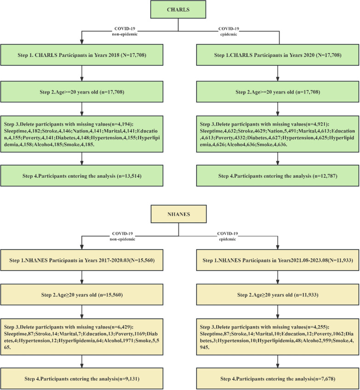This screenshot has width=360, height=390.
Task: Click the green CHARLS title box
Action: pyautogui.click(x=178, y=10)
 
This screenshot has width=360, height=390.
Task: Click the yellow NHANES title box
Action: pyautogui.click(x=179, y=214)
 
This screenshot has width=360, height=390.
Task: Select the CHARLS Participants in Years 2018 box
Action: pyautogui.click(x=82, y=55)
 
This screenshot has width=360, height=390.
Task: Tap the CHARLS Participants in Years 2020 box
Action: pyautogui.click(x=278, y=55)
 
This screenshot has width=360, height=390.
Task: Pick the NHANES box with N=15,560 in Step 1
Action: pyautogui.click(x=82, y=260)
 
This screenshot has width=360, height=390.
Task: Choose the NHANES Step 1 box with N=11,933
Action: pyautogui.click(x=278, y=260)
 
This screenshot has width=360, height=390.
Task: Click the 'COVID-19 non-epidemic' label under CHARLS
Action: pyautogui.click(x=125, y=31)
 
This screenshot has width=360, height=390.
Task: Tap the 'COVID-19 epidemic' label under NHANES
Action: pyautogui.click(x=228, y=236)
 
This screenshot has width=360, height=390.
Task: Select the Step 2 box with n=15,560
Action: pyautogui.click(x=82, y=295)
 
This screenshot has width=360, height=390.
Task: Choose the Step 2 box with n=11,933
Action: pyautogui.click(x=278, y=295)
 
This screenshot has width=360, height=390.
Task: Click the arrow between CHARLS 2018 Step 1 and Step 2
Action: pyautogui.click(x=82, y=73)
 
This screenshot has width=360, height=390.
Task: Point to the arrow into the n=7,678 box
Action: pyautogui.click(x=278, y=362)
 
